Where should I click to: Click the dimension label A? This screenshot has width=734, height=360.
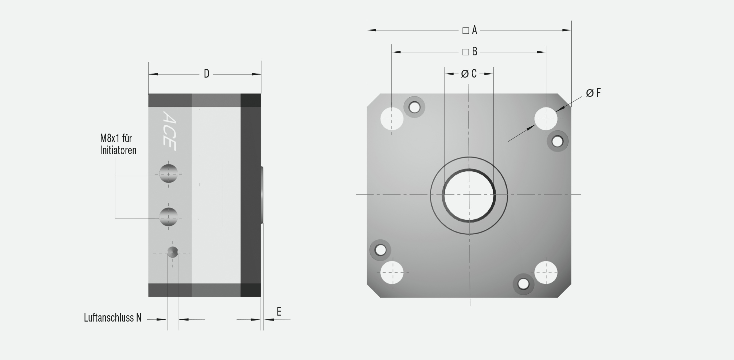coord(474,30)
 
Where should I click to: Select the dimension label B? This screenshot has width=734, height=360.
coord(474,52)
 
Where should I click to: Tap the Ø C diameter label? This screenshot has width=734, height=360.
coord(469,74)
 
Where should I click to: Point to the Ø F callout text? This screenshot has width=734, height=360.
coord(593,93)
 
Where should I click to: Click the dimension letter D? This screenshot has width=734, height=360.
coord(207,74)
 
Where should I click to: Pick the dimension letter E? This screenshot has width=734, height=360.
coord(279,312)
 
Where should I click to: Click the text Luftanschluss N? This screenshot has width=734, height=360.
coord(113,318)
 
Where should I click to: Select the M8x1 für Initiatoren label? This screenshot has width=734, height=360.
coord(118,144)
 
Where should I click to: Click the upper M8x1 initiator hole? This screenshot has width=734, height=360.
coord(168,173)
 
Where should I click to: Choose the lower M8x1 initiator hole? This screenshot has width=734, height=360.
coord(168,217)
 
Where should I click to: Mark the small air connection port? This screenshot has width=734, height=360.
coord(172,253)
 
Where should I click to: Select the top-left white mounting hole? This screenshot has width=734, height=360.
coord(392,119)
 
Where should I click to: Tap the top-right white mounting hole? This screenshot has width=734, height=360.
coord(546,119)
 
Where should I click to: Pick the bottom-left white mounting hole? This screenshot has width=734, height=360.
coord(392,272)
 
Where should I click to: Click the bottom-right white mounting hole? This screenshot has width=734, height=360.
coord(546,272)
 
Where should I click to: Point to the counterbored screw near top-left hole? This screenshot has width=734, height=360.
coord(414,107)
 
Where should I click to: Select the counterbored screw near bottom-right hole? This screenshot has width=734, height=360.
coord(523,284)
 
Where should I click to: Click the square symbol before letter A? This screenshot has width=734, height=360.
coord(465,31)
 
